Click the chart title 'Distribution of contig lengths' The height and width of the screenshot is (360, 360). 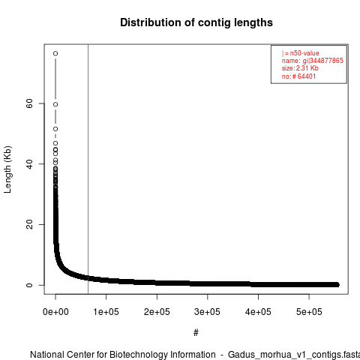tap(196, 22)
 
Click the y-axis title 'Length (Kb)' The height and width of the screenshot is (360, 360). tap(7, 169)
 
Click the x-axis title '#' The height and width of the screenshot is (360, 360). tap(196, 333)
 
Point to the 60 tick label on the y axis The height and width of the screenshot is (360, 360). tap(29, 103)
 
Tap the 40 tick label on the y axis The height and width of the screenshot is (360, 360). tap(29, 164)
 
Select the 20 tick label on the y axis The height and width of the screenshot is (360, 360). tap(29, 224)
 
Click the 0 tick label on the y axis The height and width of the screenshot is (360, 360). tap(29, 285)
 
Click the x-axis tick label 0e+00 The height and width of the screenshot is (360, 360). tap(55, 312)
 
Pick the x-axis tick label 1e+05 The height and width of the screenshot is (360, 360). tap(106, 312)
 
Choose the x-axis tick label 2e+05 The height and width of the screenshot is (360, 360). tap(157, 312)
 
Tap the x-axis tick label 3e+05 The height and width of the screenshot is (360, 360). tap(208, 312)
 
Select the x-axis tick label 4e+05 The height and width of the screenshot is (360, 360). tap(258, 312)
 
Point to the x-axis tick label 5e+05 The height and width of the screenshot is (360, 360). tap(309, 312)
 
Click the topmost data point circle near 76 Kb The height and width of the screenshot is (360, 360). tap(55, 53)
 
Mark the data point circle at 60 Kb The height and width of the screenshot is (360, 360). tap(55, 104)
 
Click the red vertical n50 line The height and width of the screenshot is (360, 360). tap(88, 169)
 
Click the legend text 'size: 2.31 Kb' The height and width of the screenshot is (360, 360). tap(300, 68)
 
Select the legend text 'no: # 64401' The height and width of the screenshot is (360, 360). tap(298, 76)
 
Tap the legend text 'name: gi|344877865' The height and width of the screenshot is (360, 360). tap(313, 61)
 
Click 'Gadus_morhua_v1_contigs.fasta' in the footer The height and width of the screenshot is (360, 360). tap(294, 355)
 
